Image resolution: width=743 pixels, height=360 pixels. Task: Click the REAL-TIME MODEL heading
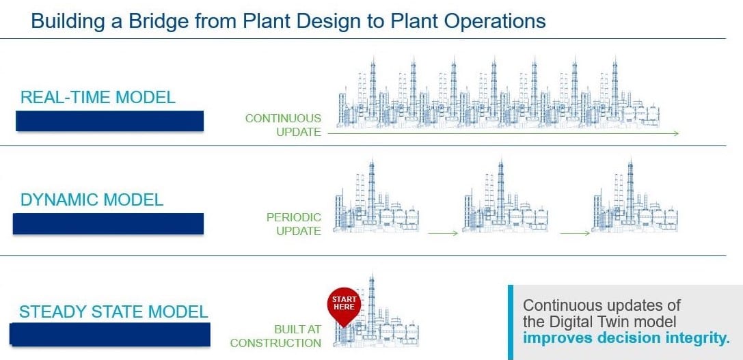tap(98, 97)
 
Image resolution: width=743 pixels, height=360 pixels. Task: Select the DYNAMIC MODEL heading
tap(92, 200)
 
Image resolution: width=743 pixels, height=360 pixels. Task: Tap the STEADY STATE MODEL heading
tap(113, 312)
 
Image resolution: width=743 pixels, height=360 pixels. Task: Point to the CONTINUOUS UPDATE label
tap(283, 125)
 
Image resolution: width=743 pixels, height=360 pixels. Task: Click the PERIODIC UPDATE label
tap(294, 224)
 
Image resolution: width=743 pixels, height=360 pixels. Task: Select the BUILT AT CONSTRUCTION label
tap(275, 336)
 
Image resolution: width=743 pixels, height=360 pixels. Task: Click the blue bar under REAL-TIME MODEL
tap(110, 120)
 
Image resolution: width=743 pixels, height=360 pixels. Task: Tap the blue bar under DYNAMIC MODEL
tap(108, 223)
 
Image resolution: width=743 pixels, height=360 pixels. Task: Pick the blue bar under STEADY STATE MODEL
tap(109, 334)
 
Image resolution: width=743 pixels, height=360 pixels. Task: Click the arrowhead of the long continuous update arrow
tap(675, 133)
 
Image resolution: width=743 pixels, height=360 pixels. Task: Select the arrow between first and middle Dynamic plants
tap(443, 234)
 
